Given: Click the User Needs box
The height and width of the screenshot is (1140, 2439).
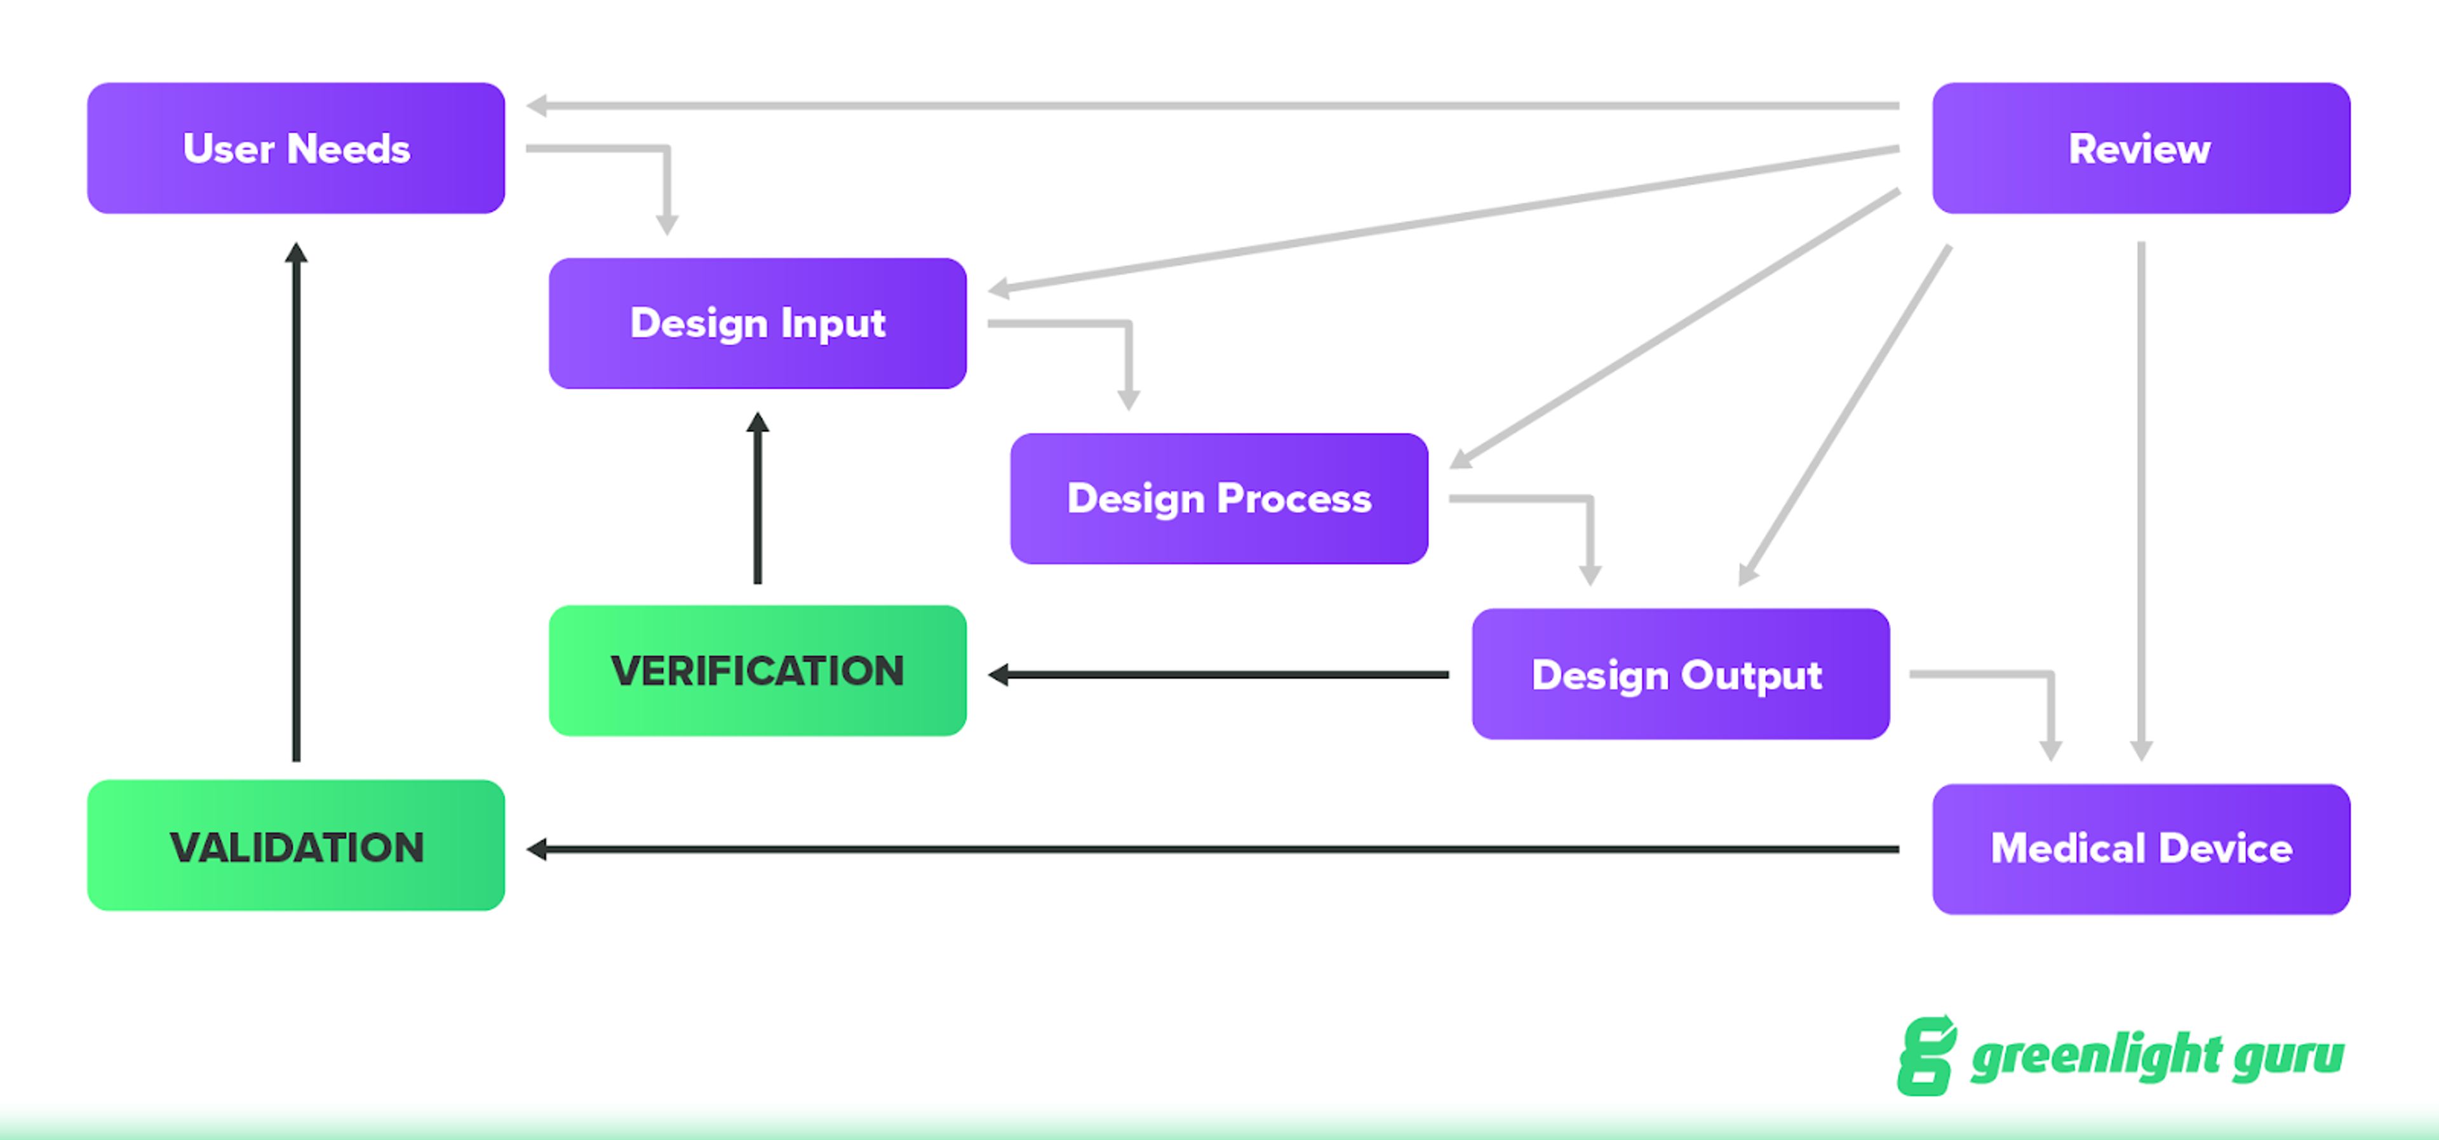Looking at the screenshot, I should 295,148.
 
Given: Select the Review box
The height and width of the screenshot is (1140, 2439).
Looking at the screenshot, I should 2140,148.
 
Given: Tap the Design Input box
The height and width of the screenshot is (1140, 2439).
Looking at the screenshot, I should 758,323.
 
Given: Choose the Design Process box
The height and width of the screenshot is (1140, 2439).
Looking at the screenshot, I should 1219,498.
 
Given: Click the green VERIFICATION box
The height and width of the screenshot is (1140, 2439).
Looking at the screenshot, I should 758,671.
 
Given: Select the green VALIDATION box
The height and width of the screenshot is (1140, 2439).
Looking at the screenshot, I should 295,845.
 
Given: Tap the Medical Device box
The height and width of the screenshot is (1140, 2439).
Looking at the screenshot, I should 2140,848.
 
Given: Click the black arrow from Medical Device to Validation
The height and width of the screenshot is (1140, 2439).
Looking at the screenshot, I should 1212,849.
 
